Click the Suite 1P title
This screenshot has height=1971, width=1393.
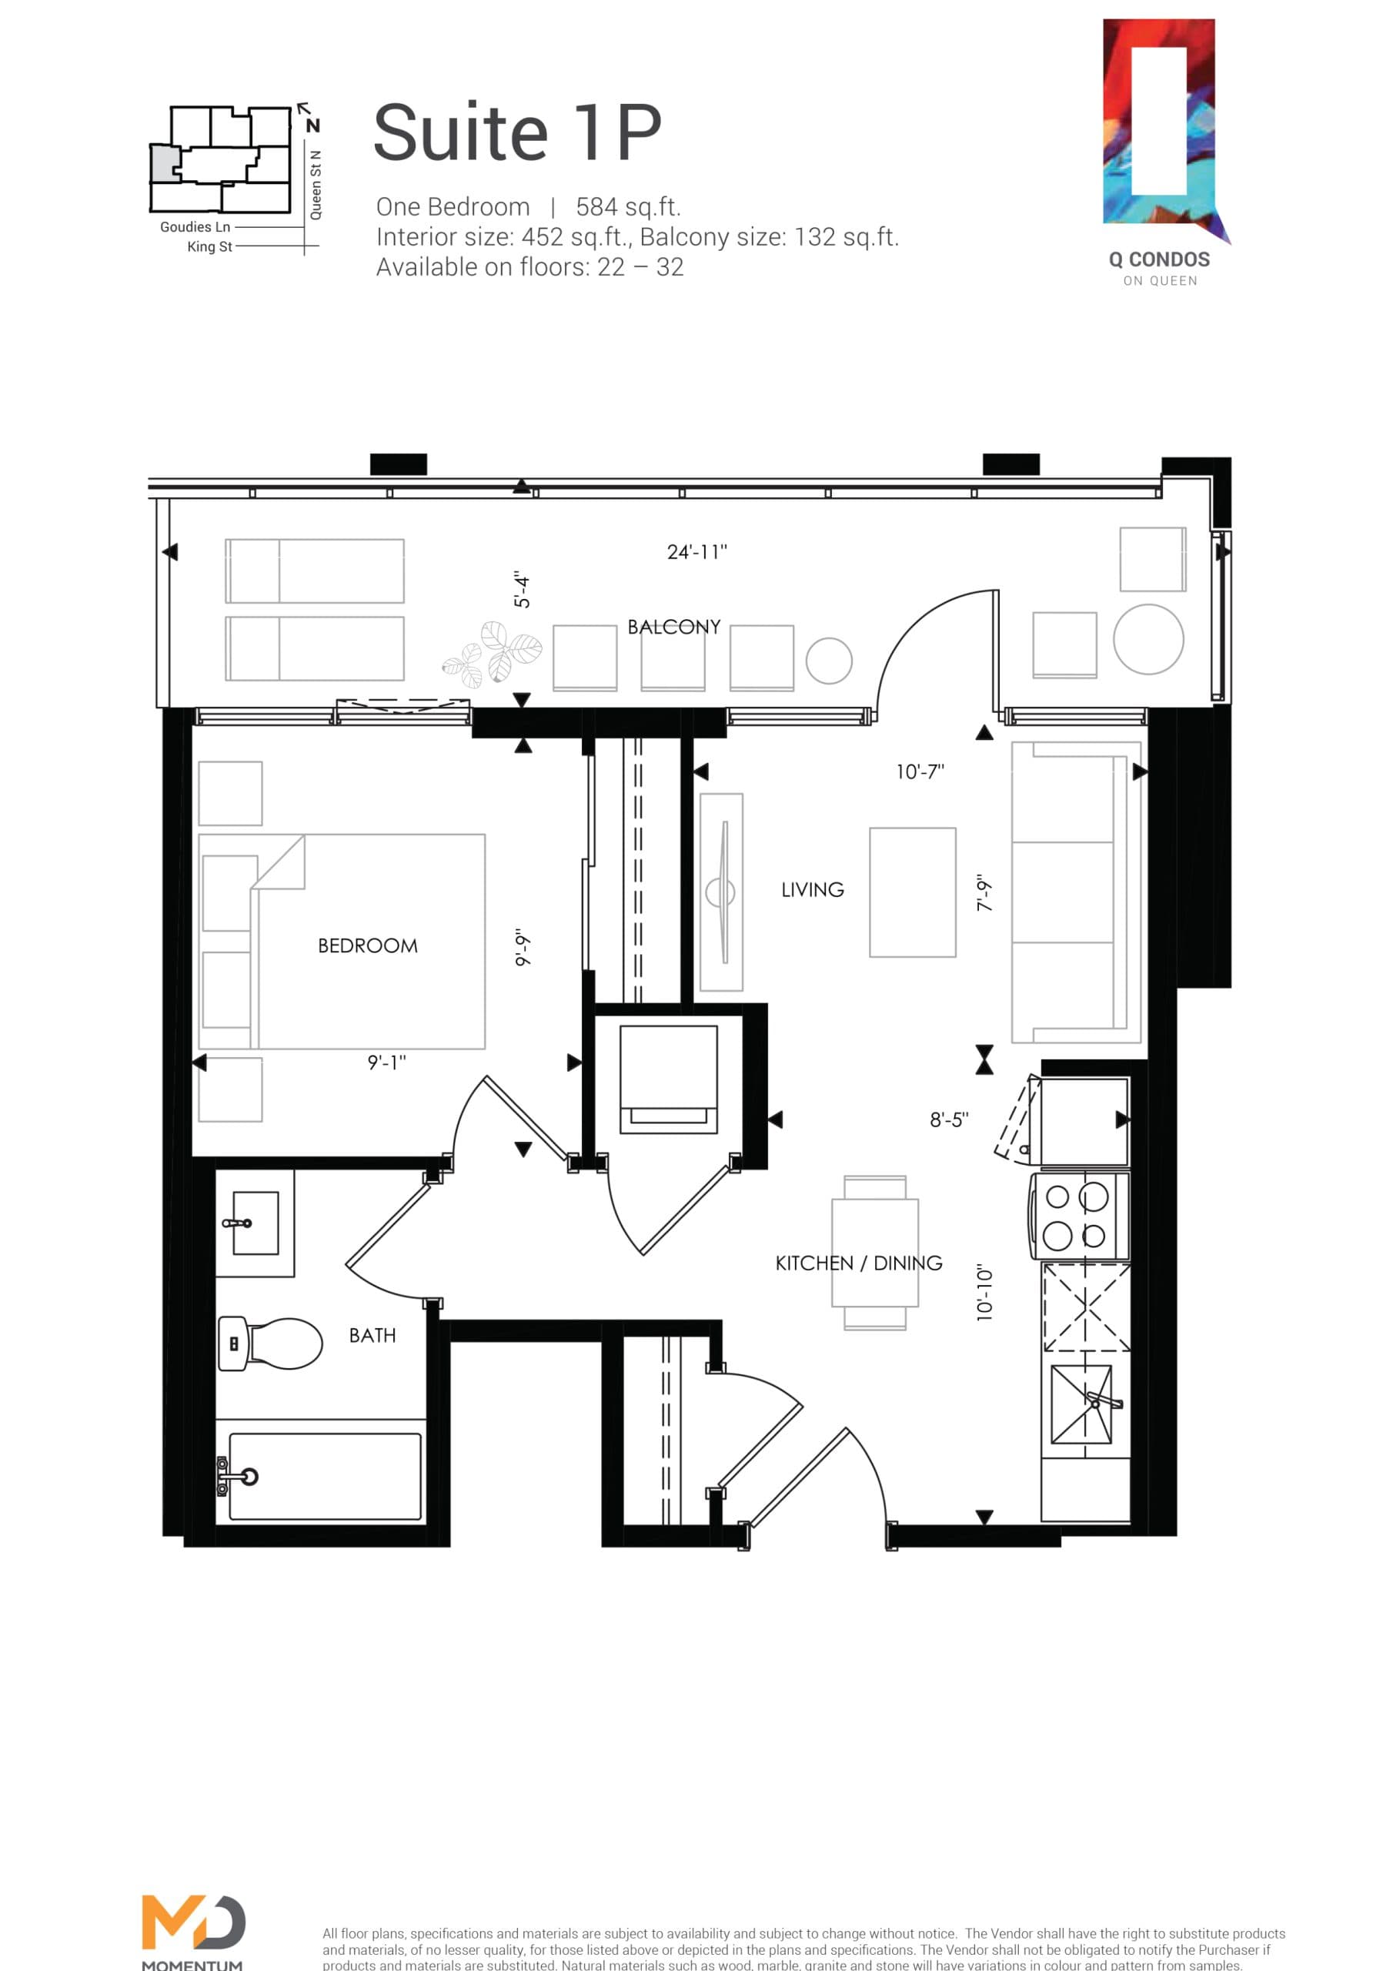coord(517,133)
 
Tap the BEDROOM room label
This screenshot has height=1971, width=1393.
coord(367,946)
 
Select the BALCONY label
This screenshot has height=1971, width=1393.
coord(673,627)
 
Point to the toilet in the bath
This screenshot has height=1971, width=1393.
coord(273,1344)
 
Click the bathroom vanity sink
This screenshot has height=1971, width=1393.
coord(255,1223)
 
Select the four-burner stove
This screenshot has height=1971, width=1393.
coord(1079,1216)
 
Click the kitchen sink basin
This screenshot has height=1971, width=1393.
coord(1081,1404)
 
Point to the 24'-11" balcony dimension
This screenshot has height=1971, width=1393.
coord(697,552)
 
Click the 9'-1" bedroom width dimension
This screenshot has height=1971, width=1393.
coord(386,1062)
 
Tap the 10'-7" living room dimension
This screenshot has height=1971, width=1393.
coord(920,771)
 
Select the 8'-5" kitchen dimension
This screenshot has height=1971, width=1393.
coord(948,1119)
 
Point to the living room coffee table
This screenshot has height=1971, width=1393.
coord(912,892)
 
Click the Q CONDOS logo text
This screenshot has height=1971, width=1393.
coord(1159,260)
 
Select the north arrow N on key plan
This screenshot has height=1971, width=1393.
coord(312,125)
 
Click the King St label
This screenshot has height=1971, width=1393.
coord(209,247)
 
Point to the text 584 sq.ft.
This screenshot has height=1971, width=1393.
coord(628,207)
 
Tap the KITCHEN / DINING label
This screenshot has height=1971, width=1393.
coord(858,1263)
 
